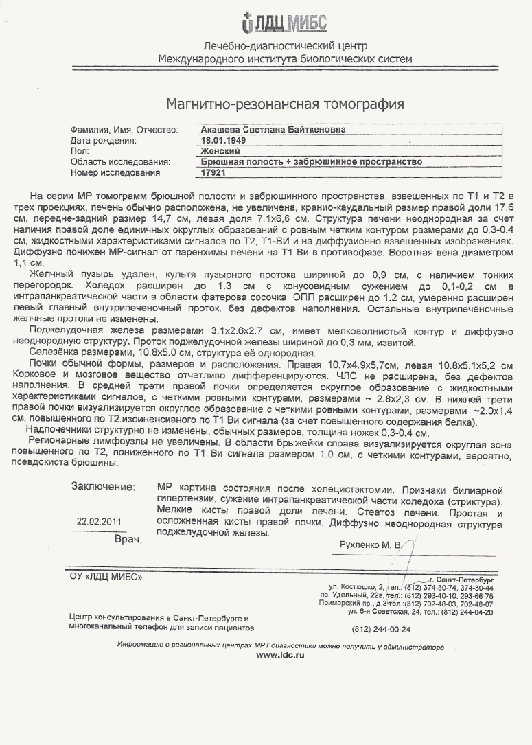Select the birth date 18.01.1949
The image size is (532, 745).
219,140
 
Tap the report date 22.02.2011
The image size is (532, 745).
100,521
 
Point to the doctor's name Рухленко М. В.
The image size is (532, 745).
369,545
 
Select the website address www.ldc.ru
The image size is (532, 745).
280,656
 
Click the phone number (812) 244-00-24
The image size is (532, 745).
381,628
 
